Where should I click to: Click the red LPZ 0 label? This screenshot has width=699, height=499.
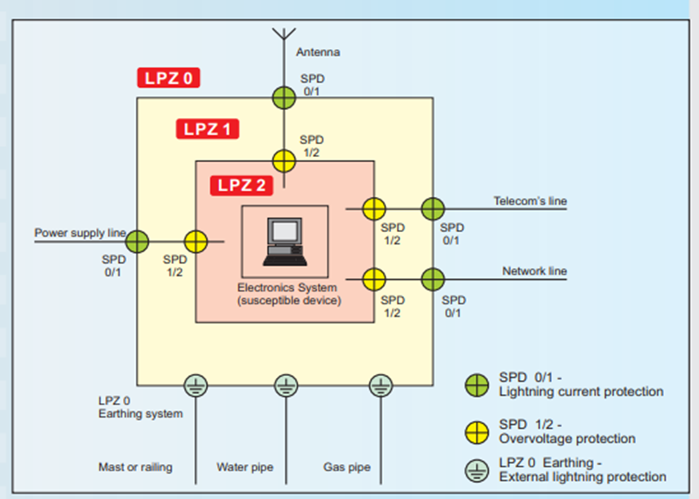168,78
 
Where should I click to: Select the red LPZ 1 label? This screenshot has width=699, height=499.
207,129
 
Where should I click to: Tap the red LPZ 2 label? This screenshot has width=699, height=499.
241,185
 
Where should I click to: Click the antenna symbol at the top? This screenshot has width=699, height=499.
283,35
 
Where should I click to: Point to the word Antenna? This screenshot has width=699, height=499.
318,52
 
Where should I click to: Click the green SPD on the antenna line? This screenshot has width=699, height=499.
283,98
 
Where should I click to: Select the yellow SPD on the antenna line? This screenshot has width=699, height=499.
284,160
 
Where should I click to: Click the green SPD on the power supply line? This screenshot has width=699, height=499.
137,241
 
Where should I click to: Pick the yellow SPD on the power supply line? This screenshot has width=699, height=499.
196,241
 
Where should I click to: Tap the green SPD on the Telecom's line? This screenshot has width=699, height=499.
433,209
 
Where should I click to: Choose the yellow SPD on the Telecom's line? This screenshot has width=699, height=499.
374,209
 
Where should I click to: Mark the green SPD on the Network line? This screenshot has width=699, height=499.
433,279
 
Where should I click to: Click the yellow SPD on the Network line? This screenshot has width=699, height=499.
374,279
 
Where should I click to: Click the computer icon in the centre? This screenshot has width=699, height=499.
284,242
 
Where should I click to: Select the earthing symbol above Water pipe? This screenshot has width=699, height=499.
285,385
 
